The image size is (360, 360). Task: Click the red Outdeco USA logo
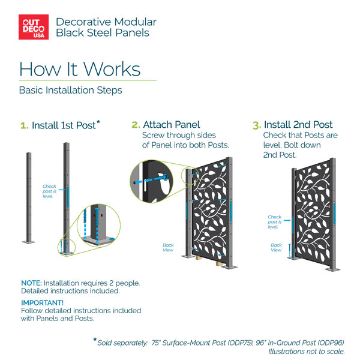[34, 27]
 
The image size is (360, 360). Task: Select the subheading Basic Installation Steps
[70, 90]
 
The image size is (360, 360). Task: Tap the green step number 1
[25, 125]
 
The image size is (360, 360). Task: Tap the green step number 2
[136, 125]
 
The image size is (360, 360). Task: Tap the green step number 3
[257, 125]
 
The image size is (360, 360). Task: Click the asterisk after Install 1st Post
[98, 122]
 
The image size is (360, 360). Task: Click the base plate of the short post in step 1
[29, 242]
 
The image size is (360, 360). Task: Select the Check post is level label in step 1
[49, 191]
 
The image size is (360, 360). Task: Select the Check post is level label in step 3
[274, 222]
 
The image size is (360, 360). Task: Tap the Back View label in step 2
[168, 247]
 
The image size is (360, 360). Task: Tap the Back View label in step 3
[276, 247]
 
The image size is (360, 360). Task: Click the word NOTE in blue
[31, 283]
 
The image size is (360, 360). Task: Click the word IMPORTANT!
[42, 303]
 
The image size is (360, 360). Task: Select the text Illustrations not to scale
[307, 352]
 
